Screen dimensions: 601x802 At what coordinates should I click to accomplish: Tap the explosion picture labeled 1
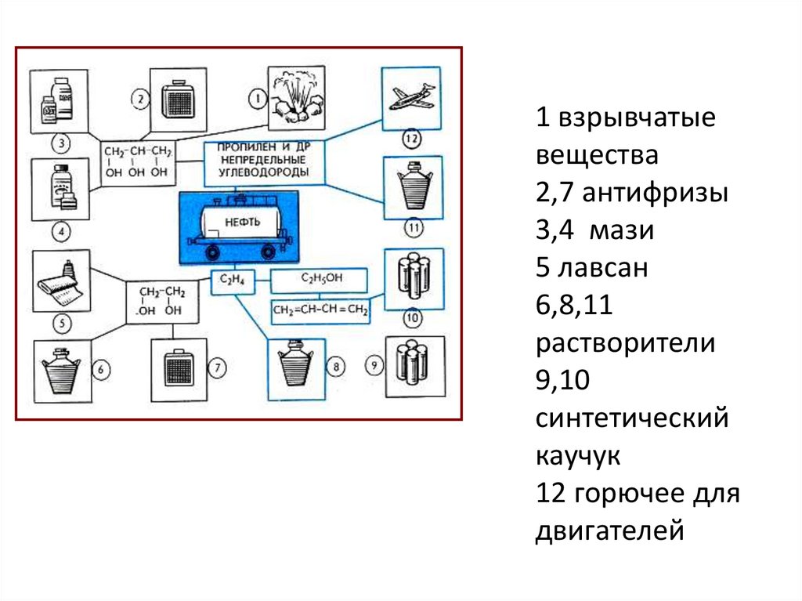coord(296,97)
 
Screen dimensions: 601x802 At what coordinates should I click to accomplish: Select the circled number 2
coord(139,99)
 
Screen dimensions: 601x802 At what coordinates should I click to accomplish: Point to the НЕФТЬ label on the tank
coord(241,219)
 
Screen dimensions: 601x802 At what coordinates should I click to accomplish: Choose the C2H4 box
coord(233,281)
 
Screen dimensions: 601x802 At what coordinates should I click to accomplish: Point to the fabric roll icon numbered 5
coord(62,281)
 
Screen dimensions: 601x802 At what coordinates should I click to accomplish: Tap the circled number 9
coord(375,365)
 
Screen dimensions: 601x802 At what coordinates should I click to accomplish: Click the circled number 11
coord(414,229)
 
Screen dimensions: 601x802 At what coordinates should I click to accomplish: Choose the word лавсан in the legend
coord(603,268)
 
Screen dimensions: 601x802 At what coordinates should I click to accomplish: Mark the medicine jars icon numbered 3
coord(59,102)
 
